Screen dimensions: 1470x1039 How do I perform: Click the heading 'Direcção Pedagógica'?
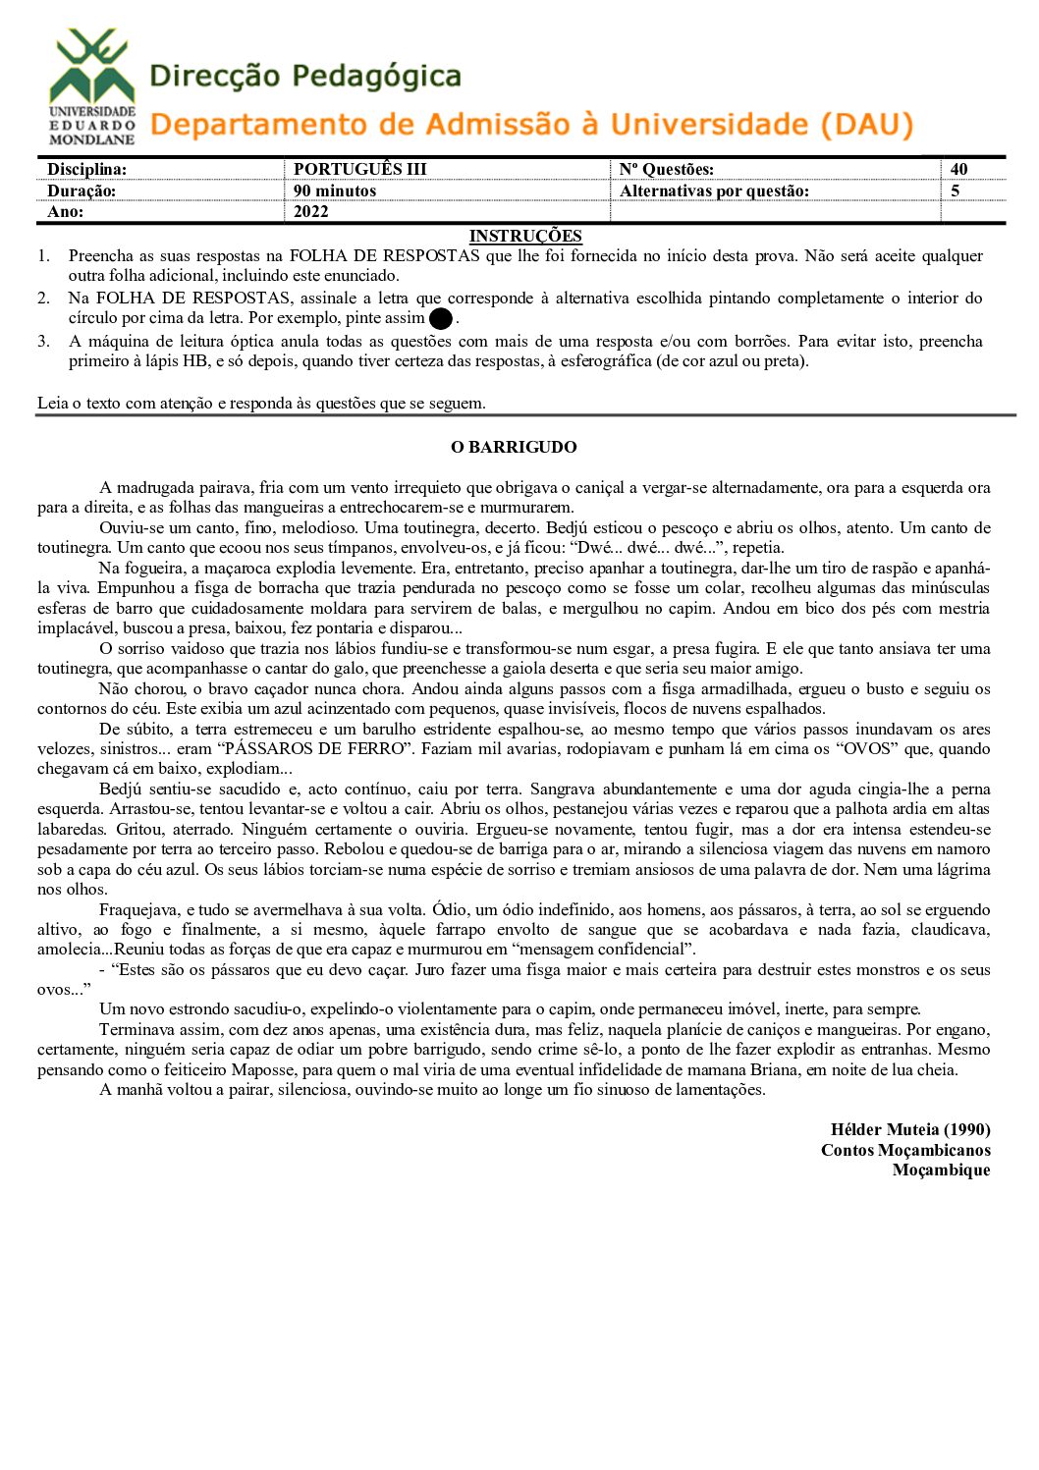pyautogui.click(x=305, y=77)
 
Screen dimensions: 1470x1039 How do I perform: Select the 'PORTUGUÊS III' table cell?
pyautogui.click(x=360, y=169)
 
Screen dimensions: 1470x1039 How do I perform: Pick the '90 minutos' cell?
pyautogui.click(x=335, y=191)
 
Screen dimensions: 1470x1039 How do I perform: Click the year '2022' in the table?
pyautogui.click(x=311, y=211)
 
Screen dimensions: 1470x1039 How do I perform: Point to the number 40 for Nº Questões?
pyautogui.click(x=958, y=169)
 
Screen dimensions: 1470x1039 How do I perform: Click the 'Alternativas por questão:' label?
pyautogui.click(x=714, y=191)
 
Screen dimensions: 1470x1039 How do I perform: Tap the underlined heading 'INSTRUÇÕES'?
pyautogui.click(x=525, y=236)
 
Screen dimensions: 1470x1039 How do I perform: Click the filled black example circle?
pyautogui.click(x=441, y=318)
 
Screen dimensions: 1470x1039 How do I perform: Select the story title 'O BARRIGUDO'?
pyautogui.click(x=514, y=447)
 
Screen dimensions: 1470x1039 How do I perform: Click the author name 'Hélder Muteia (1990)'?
pyautogui.click(x=910, y=1129)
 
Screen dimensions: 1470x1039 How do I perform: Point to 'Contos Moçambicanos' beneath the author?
pyautogui.click(x=905, y=1150)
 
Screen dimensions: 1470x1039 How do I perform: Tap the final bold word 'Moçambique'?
pyautogui.click(x=941, y=1170)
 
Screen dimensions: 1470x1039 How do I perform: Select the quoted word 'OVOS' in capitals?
pyautogui.click(x=892, y=748)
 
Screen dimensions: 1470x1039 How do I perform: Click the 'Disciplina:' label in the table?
pyautogui.click(x=86, y=169)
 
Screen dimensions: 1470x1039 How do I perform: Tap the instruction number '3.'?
pyautogui.click(x=44, y=341)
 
